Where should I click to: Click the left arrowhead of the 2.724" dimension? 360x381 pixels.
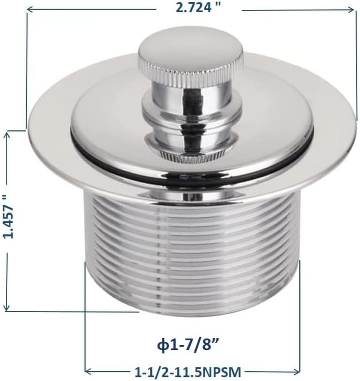coord(30,10)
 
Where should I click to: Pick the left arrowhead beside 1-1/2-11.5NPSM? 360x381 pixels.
coord(89,372)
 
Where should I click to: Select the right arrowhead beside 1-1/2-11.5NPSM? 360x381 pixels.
coord(297,372)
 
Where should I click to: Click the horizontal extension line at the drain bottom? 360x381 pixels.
coord(72,311)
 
